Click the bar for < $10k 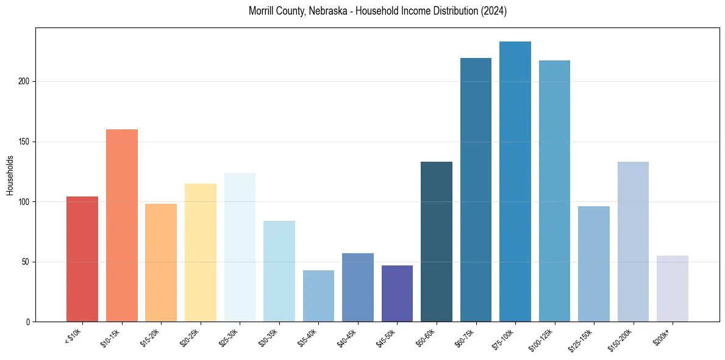tap(82, 259)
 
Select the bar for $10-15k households tap(122, 226)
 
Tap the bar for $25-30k tap(240, 247)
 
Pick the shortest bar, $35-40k tap(318, 296)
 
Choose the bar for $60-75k tap(476, 190)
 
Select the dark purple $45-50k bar tap(397, 293)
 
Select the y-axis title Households tap(10, 175)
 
